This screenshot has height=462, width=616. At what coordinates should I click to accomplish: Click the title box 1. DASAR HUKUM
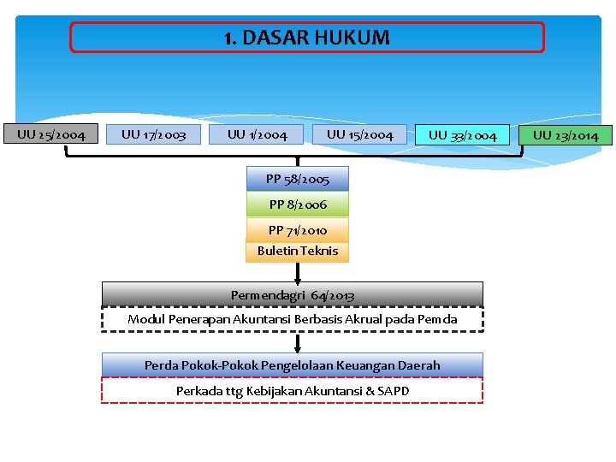pos(306,38)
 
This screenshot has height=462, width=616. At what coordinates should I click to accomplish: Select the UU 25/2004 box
pos(51,134)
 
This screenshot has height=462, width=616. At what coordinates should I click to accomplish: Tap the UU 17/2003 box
pos(154,134)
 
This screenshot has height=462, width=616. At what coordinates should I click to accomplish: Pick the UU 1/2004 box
pos(258,134)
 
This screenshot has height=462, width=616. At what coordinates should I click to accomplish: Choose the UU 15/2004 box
pos(360,134)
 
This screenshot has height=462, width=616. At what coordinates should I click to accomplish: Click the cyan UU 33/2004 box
pos(463,135)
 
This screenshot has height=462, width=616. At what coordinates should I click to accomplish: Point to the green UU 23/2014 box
pos(566,135)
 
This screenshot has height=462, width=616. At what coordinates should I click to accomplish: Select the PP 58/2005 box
pos(298,179)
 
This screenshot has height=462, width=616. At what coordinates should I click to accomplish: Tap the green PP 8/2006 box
pos(298,204)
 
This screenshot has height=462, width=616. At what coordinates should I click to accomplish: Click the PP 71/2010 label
pos(298,230)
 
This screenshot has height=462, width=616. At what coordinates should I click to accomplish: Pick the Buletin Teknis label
pos(298,251)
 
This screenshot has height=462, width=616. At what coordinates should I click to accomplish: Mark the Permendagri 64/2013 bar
pos(293,295)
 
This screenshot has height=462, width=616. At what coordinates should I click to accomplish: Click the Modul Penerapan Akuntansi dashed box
pos(293,319)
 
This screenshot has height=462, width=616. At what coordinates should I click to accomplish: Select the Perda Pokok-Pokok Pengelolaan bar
pos(293,365)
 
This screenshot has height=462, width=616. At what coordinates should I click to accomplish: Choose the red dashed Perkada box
pos(293,391)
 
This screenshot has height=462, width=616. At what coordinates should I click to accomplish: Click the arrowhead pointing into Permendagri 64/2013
pos(298,277)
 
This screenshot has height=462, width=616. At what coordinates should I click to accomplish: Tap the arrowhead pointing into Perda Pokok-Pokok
pos(298,348)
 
